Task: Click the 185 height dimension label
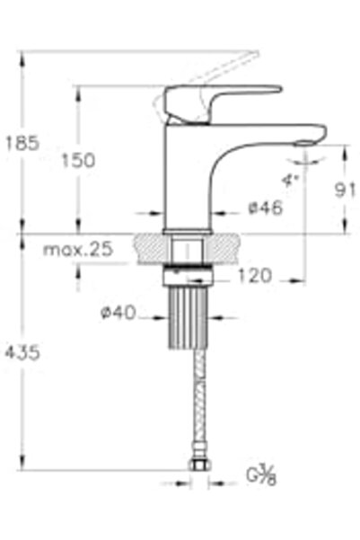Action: pos(22,143)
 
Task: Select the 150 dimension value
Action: pos(78,161)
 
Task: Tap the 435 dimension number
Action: pos(22,352)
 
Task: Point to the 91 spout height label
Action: pos(346,190)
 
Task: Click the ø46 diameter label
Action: pos(265,208)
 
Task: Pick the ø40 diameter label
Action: pos(118,313)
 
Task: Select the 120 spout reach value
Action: pos(255,276)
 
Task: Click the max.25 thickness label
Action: pos(78,249)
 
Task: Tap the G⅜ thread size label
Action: pos(261,474)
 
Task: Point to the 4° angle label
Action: pos(290,181)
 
